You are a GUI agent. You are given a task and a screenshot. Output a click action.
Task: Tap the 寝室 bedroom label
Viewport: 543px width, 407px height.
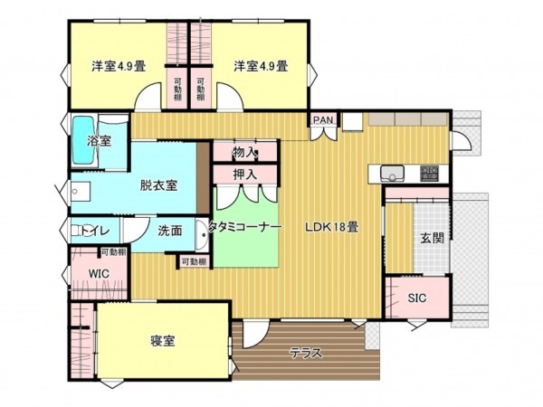tap(163, 341)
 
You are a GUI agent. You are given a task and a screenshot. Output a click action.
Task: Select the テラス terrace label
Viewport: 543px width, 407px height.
tap(306, 354)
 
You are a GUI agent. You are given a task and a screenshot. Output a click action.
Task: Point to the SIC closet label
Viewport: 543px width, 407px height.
tap(416, 298)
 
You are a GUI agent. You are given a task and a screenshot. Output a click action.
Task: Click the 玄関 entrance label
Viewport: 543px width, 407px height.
tap(432, 239)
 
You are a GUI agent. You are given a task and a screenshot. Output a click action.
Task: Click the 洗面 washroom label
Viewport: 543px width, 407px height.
tap(169, 230)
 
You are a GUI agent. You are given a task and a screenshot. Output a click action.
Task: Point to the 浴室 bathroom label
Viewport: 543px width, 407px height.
tap(99, 142)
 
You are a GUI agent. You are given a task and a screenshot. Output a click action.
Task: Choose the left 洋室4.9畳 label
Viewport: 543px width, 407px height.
tap(119, 66)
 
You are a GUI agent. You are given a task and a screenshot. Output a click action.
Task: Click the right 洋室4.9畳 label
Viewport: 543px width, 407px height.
tap(261, 66)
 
